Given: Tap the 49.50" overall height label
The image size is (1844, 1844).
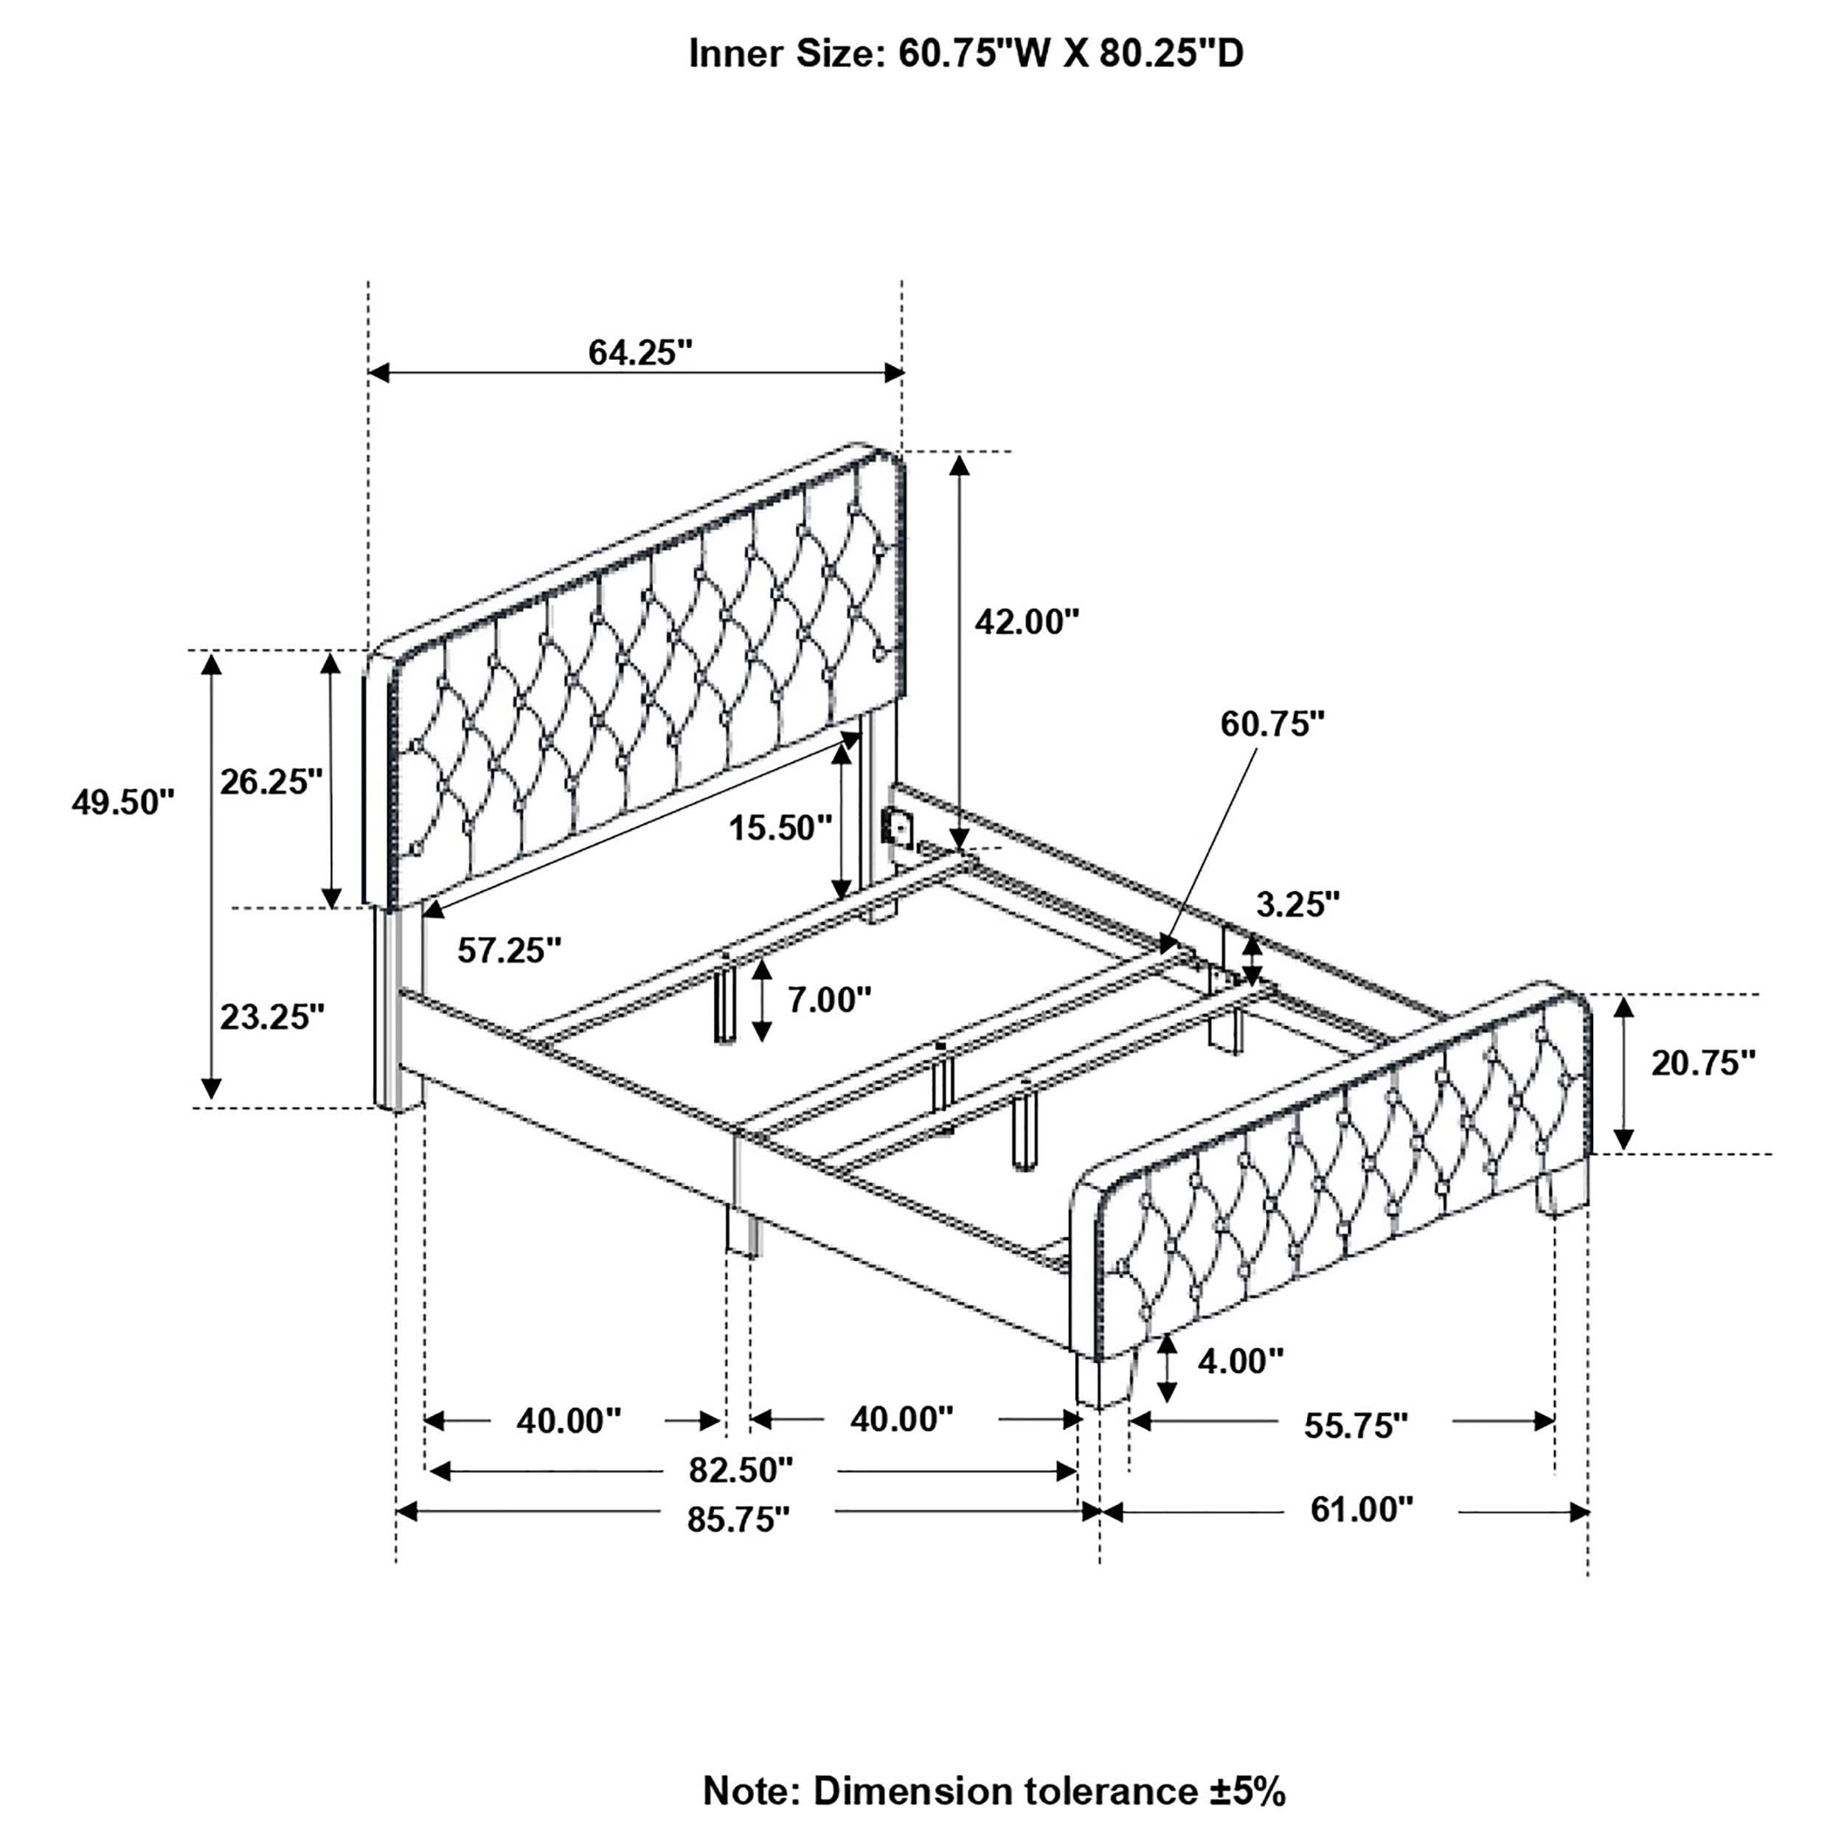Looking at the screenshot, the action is click(123, 802).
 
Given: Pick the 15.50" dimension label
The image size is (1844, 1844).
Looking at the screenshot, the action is click(780, 827).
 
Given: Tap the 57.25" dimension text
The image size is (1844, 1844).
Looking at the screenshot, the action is click(509, 950).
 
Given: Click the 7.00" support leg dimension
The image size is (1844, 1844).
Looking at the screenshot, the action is click(828, 999).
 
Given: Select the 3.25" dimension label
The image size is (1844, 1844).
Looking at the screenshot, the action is click(1297, 904).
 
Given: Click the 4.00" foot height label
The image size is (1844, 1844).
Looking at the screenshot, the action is click(1240, 1360).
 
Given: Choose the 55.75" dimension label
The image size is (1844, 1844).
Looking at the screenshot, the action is click(1355, 1426).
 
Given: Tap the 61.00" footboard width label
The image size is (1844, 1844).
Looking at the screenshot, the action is click(1360, 1509).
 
